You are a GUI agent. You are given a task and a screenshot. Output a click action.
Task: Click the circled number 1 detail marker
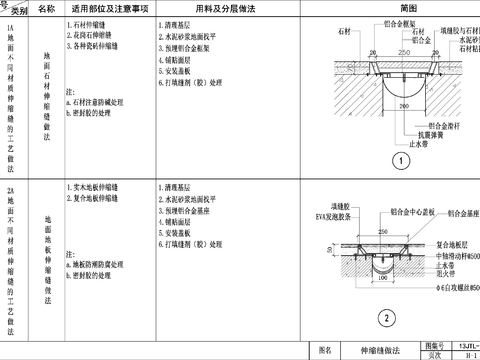(x=398, y=159)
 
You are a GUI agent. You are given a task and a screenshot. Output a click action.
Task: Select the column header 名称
(x=48, y=8)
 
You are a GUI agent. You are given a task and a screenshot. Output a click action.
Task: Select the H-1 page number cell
(x=470, y=354)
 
